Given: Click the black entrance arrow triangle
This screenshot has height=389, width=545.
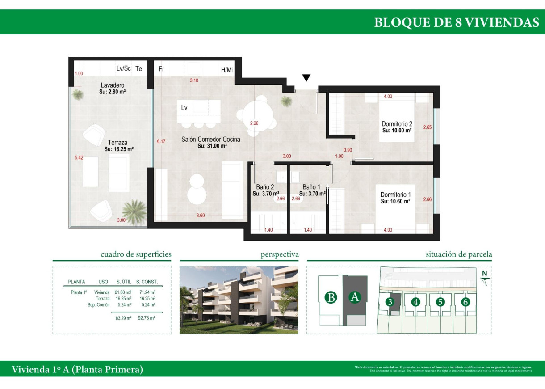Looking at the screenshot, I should click(x=306, y=78).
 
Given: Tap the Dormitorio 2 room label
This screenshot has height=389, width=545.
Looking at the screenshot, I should click(x=396, y=124).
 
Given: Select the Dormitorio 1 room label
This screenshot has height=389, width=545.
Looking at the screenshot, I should click(x=395, y=195).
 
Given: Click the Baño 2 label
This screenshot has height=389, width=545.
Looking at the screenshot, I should click(x=265, y=187).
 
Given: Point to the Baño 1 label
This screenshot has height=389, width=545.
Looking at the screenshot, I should click(x=311, y=187).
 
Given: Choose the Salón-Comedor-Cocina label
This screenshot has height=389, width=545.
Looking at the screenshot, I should click(x=210, y=140).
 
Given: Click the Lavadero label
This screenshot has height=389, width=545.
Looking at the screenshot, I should click(x=112, y=85).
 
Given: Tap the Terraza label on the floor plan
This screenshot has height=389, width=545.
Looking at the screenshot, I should click(x=118, y=143).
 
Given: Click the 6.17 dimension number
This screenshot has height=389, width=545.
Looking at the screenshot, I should click(x=161, y=141).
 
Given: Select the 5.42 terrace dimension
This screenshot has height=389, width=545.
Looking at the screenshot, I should click(x=79, y=157).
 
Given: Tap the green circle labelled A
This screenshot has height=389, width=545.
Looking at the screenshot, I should click(x=355, y=297).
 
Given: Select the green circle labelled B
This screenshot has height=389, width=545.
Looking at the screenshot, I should click(x=331, y=297).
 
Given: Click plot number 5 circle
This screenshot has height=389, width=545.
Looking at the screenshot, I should click(x=440, y=302).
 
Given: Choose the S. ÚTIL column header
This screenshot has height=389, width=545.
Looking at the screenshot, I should click(x=124, y=282).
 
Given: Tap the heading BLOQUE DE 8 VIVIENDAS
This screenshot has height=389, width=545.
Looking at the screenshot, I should click(x=457, y=23).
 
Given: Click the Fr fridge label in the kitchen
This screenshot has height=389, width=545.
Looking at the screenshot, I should click(x=161, y=69).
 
